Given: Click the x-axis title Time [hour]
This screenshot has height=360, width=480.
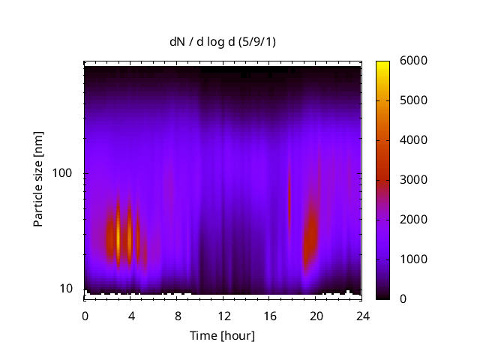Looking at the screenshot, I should click(221, 335).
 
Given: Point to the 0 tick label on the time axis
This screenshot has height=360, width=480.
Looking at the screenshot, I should click(85, 316).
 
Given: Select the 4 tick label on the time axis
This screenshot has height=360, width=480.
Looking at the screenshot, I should click(130, 316).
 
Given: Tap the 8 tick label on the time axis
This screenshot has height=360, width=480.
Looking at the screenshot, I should click(177, 316).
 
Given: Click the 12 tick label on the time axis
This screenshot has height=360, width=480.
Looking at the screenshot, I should click(223, 316).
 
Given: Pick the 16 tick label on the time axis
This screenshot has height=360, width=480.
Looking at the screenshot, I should click(269, 316).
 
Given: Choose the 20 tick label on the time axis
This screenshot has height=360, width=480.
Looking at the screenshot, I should click(316, 316).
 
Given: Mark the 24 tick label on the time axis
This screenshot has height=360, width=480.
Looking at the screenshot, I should click(362, 316).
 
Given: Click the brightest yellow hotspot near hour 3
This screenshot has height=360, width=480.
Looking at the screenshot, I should click(118, 238).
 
